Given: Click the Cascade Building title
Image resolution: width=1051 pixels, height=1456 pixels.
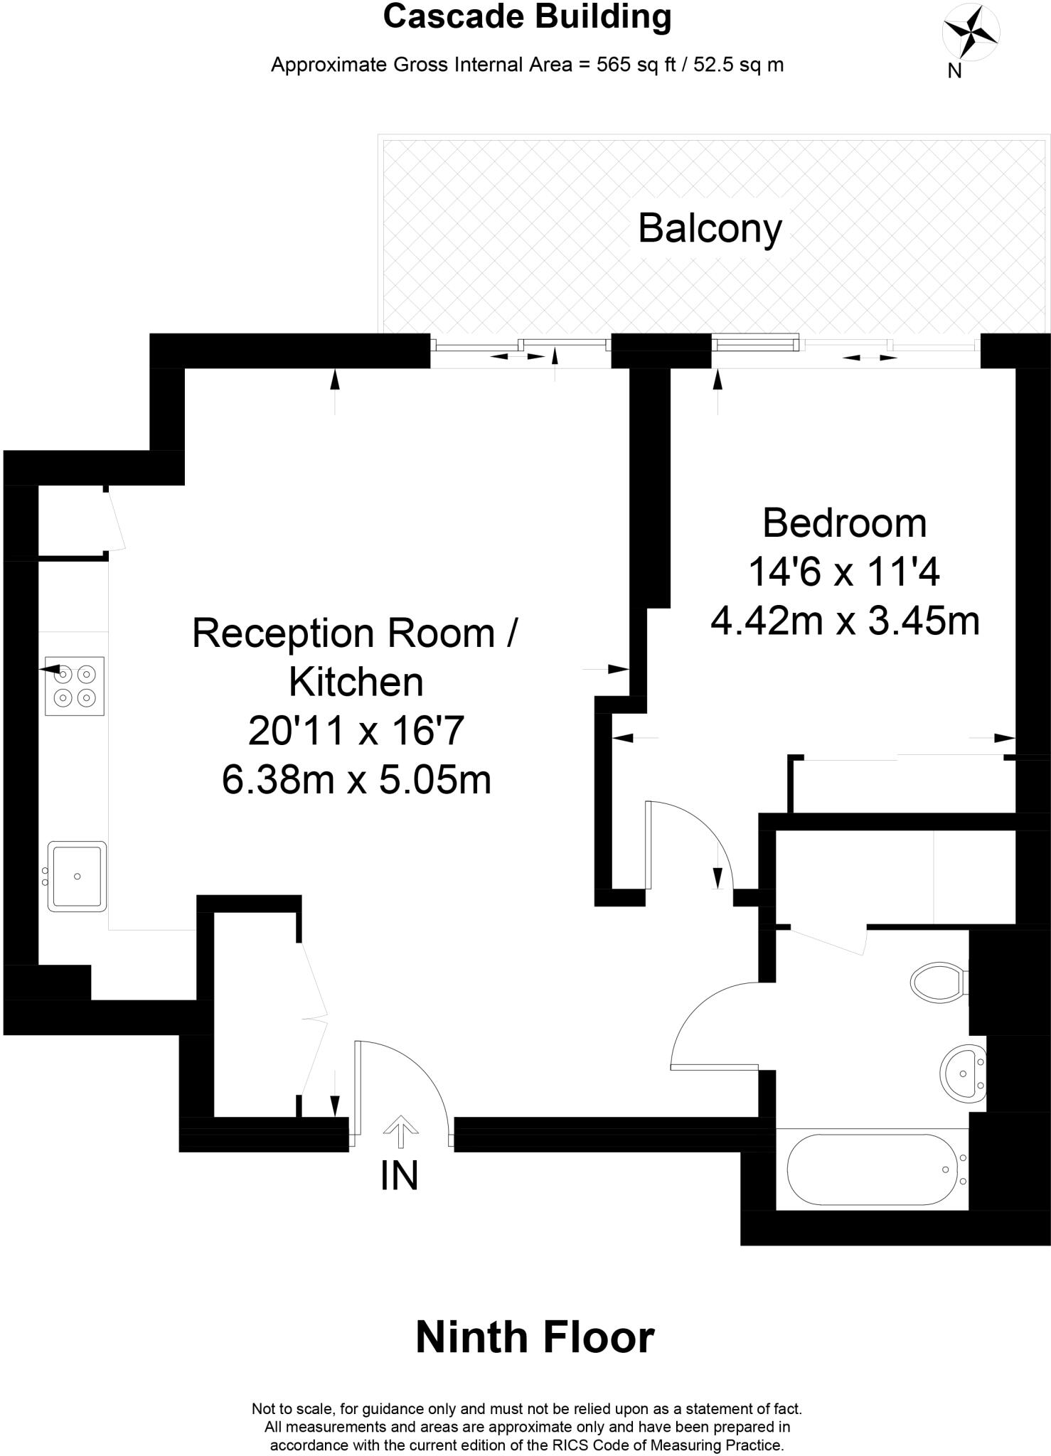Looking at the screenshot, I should coord(527,17).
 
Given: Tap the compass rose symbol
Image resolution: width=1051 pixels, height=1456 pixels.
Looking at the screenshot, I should coord(970,33).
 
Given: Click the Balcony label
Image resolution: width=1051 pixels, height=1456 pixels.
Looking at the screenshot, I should coord(710,229).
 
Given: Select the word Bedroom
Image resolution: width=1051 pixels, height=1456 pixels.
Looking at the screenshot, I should coord(844,523).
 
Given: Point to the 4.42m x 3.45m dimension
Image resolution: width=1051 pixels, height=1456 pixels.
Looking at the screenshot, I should coord(845,621).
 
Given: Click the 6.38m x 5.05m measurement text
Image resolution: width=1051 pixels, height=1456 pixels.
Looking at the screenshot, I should coord(356,780).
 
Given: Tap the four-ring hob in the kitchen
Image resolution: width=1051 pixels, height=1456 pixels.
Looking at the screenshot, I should coord(75,685).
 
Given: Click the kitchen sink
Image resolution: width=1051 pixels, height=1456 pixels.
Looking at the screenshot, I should coord(77,876).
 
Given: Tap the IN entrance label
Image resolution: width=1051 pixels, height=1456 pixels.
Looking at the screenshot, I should coord(399,1176).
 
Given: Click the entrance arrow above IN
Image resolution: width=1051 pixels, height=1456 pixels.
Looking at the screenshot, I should coord(400,1131).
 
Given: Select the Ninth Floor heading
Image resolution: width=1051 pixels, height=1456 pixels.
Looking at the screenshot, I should coord(535,1337).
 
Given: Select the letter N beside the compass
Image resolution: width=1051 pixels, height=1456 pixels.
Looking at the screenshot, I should coord(954,70).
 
